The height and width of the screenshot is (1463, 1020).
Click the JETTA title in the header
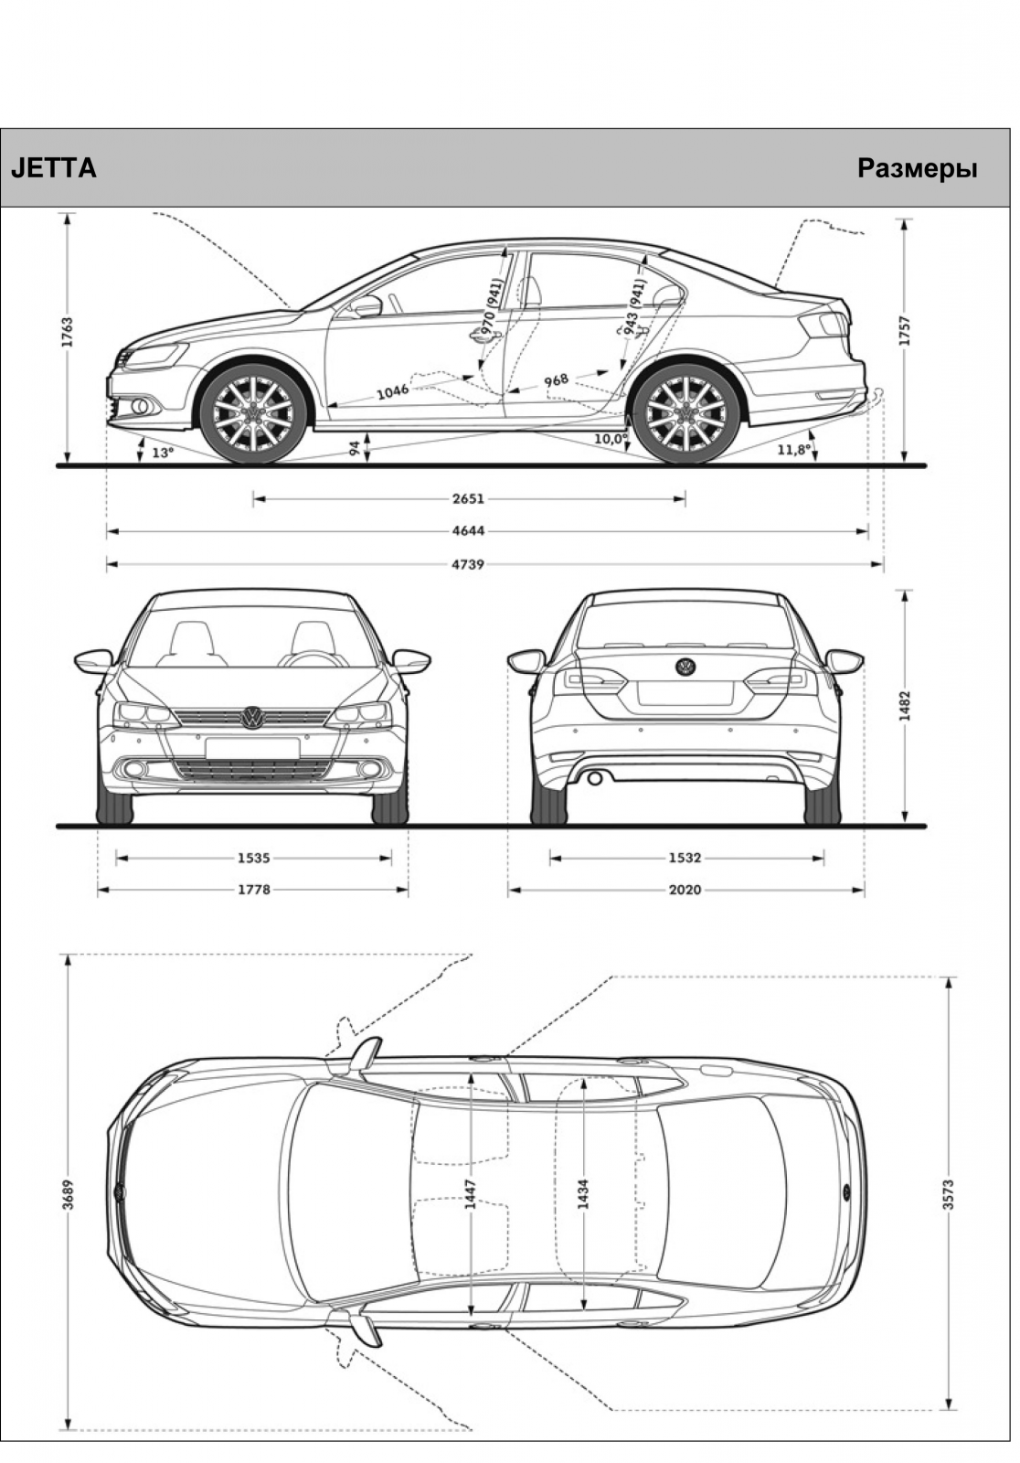click(54, 168)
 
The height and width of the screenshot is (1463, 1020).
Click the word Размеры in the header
click(917, 169)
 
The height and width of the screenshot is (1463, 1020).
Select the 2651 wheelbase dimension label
click(468, 499)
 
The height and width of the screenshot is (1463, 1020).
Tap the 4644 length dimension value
click(468, 531)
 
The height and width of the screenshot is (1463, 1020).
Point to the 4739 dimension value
click(468, 564)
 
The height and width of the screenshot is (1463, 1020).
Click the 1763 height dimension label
click(68, 334)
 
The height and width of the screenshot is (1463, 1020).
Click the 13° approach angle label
click(164, 452)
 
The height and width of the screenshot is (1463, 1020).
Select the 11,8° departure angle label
click(794, 449)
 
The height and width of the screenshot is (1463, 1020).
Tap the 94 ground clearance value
click(355, 449)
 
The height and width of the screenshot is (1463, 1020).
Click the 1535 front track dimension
click(253, 859)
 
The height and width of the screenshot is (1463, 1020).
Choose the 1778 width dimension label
click(253, 890)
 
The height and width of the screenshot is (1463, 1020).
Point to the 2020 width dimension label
click(685, 890)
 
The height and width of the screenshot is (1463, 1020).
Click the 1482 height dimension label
click(905, 707)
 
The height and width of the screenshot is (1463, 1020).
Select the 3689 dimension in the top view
click(68, 1194)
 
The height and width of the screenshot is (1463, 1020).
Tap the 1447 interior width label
click(471, 1194)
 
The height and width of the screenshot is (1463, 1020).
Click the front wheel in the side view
click(253, 413)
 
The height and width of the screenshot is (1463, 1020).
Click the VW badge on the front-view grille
click(252, 718)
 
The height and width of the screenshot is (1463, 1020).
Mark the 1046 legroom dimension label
click(392, 391)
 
